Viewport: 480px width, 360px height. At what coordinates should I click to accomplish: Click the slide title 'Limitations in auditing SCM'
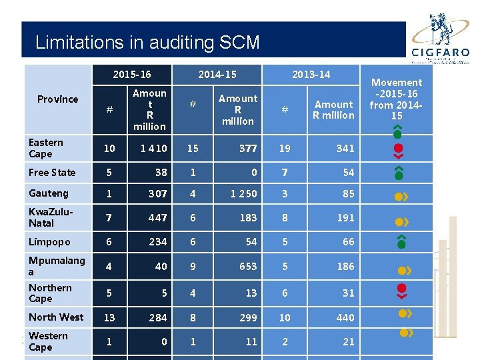147,43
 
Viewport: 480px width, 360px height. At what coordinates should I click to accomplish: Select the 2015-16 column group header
131,74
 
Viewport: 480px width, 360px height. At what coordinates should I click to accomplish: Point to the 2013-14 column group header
311,74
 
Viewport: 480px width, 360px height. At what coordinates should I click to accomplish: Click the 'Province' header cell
57,99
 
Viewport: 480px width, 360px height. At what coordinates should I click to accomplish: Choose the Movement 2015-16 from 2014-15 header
397,99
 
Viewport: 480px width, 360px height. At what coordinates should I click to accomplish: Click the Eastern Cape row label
46,148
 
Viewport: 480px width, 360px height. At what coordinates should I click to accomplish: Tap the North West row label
56,317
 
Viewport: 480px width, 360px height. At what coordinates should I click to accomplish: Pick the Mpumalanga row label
56,266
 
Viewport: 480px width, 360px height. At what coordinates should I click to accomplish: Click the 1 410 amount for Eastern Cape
154,148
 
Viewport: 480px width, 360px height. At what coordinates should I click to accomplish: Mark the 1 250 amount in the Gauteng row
243,193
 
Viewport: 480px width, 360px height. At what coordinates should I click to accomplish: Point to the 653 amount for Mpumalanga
248,266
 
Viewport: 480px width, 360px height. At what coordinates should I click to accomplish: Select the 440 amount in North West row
345,317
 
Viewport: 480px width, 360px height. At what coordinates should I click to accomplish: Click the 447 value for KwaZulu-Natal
157,217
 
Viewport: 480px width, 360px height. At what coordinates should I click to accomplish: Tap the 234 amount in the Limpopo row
157,242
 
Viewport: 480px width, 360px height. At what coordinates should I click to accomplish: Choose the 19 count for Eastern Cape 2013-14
285,148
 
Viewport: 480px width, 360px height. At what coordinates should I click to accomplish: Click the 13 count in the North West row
109,317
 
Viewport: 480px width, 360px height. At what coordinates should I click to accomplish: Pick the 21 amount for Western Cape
349,341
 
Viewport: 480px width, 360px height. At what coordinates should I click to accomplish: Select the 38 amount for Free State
161,173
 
